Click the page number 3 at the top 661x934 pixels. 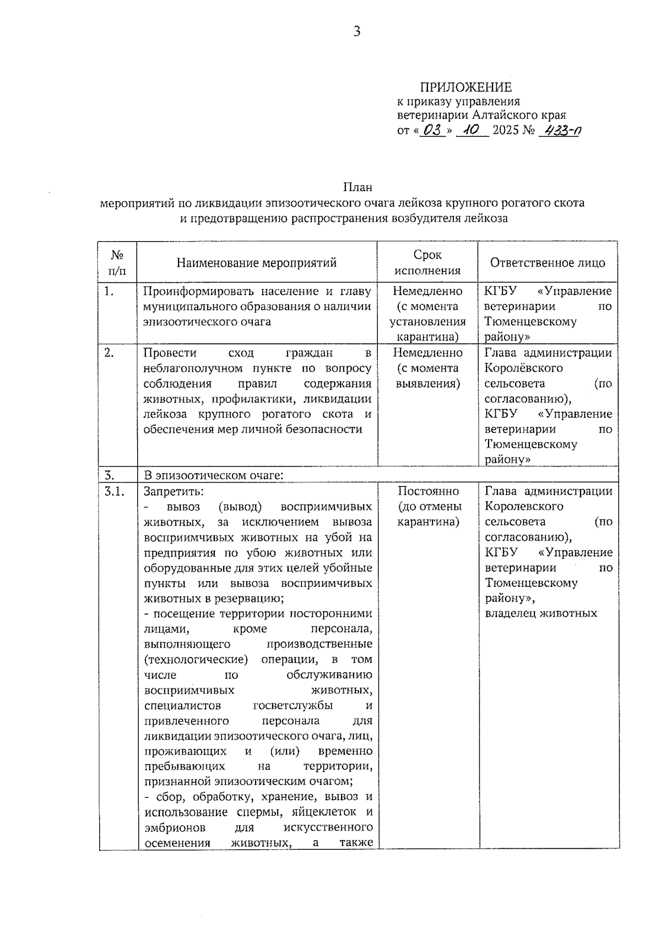(356, 32)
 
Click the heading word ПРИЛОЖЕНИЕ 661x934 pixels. (465, 87)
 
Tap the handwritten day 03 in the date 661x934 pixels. (434, 130)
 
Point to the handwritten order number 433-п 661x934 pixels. (561, 130)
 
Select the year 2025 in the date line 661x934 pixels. (505, 131)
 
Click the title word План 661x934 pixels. (358, 187)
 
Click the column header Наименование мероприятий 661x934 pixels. (256, 263)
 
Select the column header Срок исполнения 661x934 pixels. (427, 263)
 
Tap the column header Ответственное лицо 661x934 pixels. (548, 263)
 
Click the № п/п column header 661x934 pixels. (117, 263)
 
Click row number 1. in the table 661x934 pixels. (109, 292)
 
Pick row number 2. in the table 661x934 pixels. (109, 353)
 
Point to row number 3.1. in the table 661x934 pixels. (113, 491)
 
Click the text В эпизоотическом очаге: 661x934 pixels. (213, 475)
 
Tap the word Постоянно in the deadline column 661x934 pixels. (428, 491)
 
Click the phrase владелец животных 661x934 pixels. (541, 613)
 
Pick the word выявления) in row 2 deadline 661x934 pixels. (428, 383)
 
